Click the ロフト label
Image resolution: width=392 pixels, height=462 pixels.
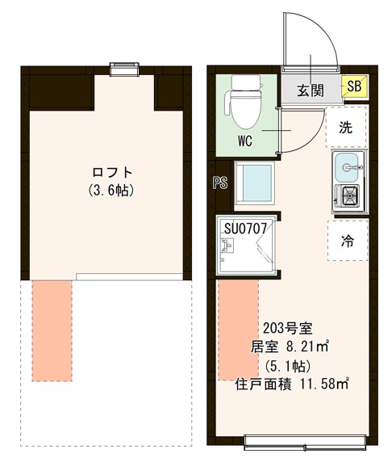(111, 172)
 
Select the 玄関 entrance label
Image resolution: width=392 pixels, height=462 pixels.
(311, 89)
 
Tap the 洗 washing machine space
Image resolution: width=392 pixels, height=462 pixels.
(346, 127)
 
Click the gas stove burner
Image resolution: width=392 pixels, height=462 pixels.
(349, 195)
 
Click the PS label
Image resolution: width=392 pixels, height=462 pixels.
(219, 183)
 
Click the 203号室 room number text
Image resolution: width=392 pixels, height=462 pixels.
(288, 329)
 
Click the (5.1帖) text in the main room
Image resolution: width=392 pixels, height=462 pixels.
(288, 365)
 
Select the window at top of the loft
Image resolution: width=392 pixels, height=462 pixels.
(123, 69)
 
